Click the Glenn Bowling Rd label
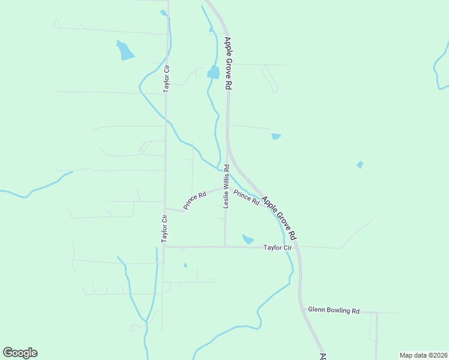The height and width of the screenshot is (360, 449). pos(334,311)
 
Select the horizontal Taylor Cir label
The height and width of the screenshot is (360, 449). pos(277,247)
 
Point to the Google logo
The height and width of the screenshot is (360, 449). pos(20,353)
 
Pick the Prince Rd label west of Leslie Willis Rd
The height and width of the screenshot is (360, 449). pos(195,200)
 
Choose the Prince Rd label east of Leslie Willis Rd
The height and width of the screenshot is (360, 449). pos(246,197)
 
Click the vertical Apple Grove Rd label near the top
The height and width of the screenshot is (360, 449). pos(228,64)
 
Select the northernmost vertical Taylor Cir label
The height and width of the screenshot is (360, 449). pos(167,79)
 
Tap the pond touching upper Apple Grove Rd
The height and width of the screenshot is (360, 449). pos(213,73)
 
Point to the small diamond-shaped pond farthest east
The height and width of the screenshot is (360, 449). pos(360,164)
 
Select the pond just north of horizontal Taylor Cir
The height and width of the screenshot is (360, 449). pos(247,239)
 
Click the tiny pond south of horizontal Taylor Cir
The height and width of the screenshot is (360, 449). pos(185,265)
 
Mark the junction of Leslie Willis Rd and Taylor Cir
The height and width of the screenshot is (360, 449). pos(225,246)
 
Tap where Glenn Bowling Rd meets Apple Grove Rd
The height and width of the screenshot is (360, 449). pos(301,311)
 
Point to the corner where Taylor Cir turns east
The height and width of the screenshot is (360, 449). pos(164,246)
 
